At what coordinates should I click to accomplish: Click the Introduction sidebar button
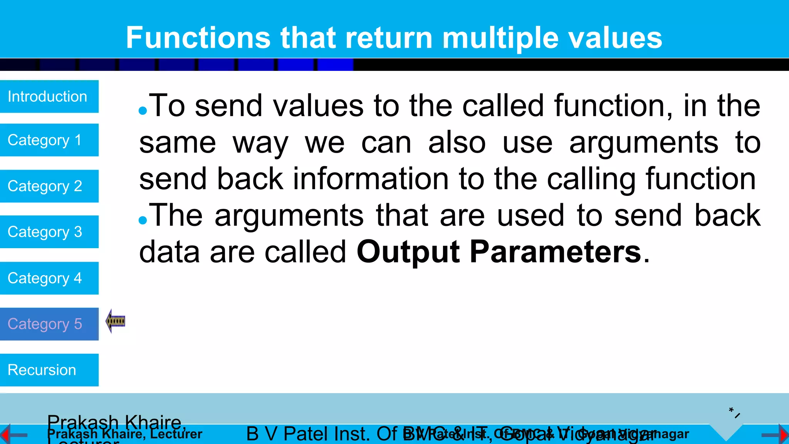click(x=49, y=96)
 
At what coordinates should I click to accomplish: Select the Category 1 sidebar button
click(x=49, y=140)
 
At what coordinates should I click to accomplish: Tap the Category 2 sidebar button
click(x=49, y=186)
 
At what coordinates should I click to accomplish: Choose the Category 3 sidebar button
click(x=49, y=232)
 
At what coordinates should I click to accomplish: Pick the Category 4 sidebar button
click(x=49, y=278)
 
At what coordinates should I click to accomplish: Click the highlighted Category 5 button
click(x=49, y=324)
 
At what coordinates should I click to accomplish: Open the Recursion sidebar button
click(x=49, y=370)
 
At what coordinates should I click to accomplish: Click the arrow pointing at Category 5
click(x=115, y=321)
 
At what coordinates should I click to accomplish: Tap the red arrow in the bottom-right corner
click(x=784, y=435)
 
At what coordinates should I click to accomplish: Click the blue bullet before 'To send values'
click(x=143, y=111)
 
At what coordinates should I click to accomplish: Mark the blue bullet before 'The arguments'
click(x=143, y=220)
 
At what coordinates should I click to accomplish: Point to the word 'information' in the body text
click(x=371, y=179)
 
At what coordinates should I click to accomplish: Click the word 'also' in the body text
click(x=457, y=143)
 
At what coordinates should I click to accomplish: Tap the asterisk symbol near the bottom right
click(x=731, y=410)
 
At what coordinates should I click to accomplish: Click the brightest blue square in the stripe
click(x=335, y=65)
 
